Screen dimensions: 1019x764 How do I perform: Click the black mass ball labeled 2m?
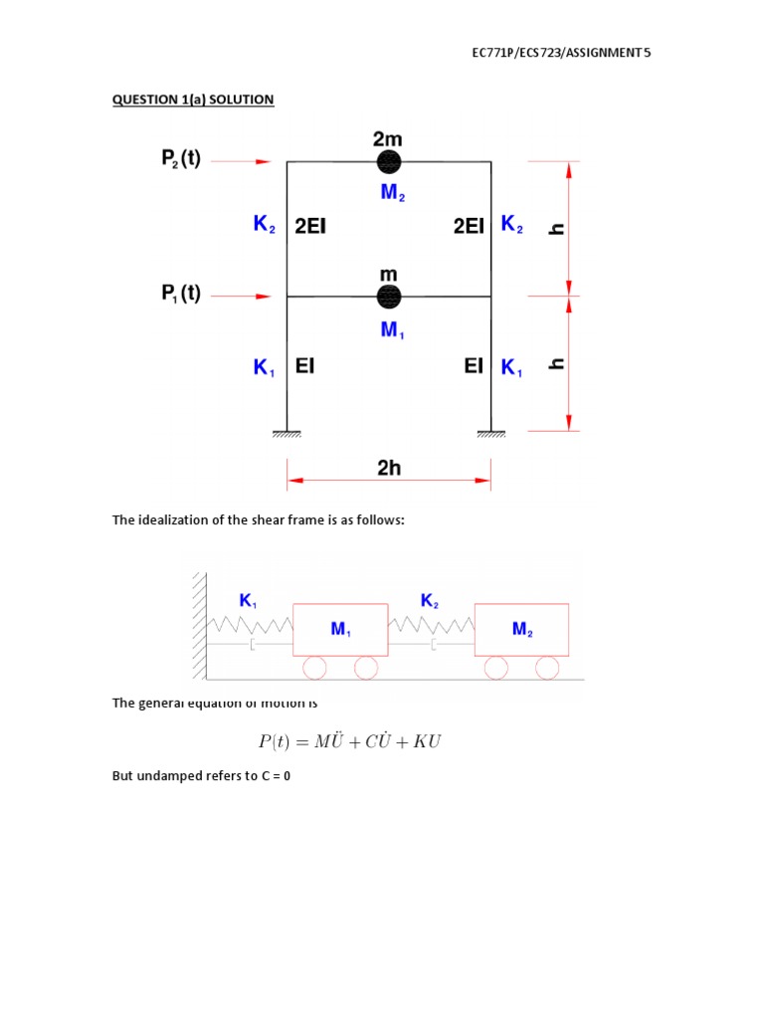tap(389, 161)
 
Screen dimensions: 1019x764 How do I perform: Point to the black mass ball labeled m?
tap(389, 296)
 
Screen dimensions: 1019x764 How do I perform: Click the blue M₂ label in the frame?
tap(392, 193)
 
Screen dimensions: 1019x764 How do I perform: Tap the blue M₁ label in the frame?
tap(392, 329)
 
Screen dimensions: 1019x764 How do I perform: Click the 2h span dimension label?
tap(389, 468)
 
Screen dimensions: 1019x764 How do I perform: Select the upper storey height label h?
tap(557, 228)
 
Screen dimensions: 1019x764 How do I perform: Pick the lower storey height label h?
tap(557, 363)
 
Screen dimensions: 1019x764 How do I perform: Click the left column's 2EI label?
tap(310, 226)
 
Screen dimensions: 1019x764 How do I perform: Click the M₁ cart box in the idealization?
tap(340, 629)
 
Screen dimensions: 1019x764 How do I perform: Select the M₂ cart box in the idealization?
tap(521, 629)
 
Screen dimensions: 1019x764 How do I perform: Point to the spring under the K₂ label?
tap(431, 624)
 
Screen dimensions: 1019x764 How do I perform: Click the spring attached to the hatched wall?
tap(250, 624)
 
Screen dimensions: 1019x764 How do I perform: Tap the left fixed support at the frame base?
tap(287, 433)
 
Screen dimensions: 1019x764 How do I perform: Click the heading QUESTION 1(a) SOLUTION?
tap(193, 100)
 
